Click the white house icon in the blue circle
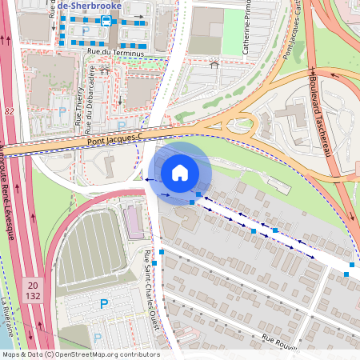pos(180,172)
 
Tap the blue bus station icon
pos(106,22)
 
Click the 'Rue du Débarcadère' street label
pos(92,101)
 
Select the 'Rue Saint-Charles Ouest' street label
pos(152,292)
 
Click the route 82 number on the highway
pos(9,111)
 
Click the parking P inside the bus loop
pos(86,30)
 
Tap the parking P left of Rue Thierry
pos(62,112)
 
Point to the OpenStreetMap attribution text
pos(80,354)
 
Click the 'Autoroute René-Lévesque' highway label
pos(10,192)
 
